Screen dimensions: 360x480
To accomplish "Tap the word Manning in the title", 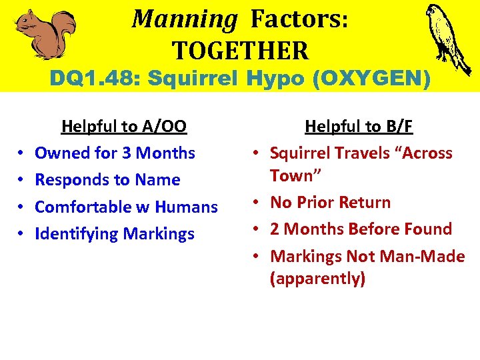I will tap(184, 19).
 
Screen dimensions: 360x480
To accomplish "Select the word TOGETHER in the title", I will tap(241, 50).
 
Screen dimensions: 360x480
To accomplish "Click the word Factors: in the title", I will tap(299, 19).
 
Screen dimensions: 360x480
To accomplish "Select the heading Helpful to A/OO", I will tap(124, 126).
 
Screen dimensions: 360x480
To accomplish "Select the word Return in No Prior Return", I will tap(365, 202).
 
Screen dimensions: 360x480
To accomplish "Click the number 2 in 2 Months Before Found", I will tap(275, 229).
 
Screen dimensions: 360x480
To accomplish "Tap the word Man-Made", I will tap(427, 257).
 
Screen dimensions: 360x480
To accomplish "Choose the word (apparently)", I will tap(317, 279).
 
